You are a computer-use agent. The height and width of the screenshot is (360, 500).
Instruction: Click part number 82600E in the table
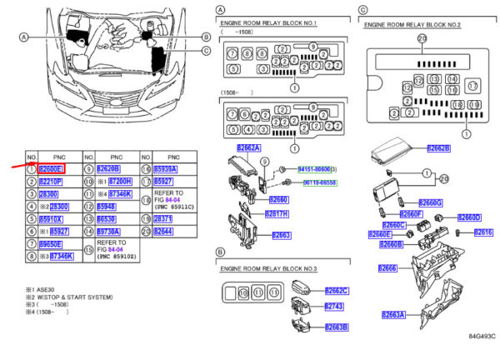coord(51,169)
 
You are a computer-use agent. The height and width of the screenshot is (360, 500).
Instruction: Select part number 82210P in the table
coord(51,182)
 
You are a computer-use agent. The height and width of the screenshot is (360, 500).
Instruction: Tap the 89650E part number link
coord(51,244)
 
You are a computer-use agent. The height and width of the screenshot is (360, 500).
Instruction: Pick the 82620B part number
coord(108,169)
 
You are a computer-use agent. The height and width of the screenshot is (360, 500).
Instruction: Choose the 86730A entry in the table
coord(108,232)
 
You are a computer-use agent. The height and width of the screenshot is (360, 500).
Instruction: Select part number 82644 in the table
coord(163,232)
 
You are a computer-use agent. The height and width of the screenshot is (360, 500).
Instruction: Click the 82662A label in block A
coord(248,148)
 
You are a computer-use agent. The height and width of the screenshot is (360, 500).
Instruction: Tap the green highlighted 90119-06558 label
coord(320,182)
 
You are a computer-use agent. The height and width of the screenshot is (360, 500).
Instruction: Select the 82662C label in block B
coord(334,291)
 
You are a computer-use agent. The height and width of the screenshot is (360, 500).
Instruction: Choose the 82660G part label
coord(430,202)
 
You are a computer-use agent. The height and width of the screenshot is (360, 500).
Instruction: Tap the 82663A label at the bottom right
coord(392,314)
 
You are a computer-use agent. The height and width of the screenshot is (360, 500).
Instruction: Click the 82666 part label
coord(387,267)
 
